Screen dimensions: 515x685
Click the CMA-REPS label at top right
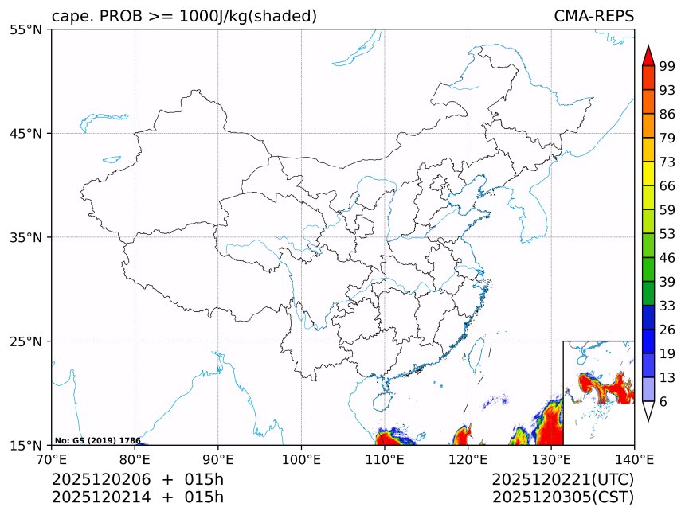click(593, 17)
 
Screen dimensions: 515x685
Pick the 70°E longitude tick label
click(52, 458)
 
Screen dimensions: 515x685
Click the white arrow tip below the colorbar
click(648, 412)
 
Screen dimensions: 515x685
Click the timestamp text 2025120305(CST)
click(562, 497)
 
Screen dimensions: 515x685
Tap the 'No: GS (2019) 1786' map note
click(97, 440)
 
